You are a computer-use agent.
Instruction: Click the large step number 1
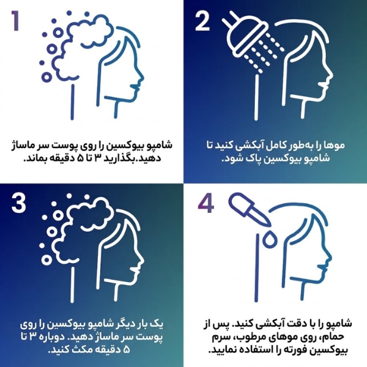coord(15,21)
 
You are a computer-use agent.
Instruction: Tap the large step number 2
coord(202,21)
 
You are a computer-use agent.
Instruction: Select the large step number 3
coord(18,204)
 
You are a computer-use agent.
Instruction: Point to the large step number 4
coord(206,204)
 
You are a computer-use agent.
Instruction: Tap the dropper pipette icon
coord(248,209)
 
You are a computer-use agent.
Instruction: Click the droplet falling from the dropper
coord(270,239)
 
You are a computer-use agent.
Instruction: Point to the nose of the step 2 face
coord(330,75)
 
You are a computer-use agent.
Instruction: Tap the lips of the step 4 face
coord(323,266)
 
